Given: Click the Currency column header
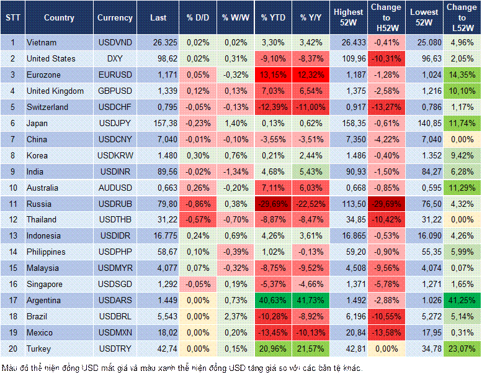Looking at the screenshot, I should click(115, 17).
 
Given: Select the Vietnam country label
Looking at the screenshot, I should click(41, 42).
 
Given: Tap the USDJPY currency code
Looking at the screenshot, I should click(115, 123).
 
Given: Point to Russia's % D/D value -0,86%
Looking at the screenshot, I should click(197, 203).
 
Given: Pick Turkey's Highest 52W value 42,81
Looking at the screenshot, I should click(349, 349).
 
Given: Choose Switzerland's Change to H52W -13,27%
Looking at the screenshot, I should click(386, 107).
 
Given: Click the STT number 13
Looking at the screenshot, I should click(12, 235).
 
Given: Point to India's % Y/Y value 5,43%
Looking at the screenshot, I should click(312, 171).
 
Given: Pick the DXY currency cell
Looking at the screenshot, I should click(115, 58).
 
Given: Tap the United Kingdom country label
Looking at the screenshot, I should click(55, 91).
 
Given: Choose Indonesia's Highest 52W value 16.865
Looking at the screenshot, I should click(349, 235).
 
